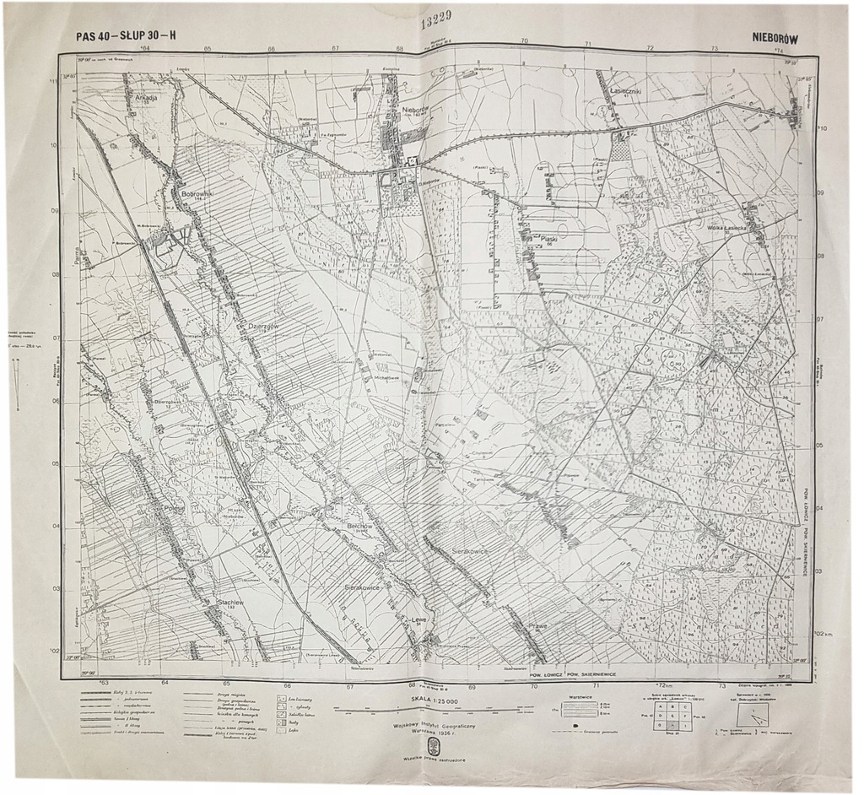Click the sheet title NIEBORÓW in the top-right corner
[x=775, y=37]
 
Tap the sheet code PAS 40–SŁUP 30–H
[x=127, y=35]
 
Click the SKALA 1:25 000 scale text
[x=435, y=700]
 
